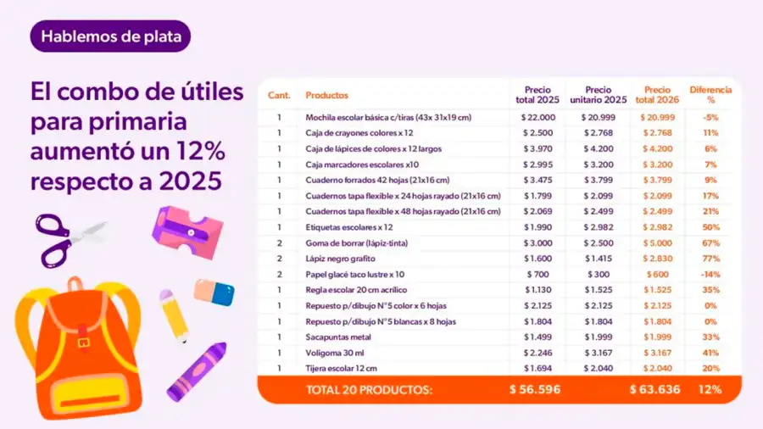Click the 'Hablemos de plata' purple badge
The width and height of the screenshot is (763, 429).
click(111, 36)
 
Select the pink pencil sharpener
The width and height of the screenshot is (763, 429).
click(187, 231)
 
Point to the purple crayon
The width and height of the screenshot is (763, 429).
click(197, 370)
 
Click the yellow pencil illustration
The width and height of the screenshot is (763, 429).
click(174, 315)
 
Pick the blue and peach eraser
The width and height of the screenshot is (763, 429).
click(214, 292)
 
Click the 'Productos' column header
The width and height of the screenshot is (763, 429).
click(327, 96)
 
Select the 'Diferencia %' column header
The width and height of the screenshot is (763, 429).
click(710, 94)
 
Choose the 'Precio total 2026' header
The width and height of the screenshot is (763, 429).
click(657, 94)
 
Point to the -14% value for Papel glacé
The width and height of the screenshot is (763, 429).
click(710, 275)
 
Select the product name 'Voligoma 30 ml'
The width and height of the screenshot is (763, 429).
click(335, 353)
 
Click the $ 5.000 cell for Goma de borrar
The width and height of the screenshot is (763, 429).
click(657, 243)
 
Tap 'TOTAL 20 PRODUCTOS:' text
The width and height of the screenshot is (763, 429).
click(369, 390)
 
